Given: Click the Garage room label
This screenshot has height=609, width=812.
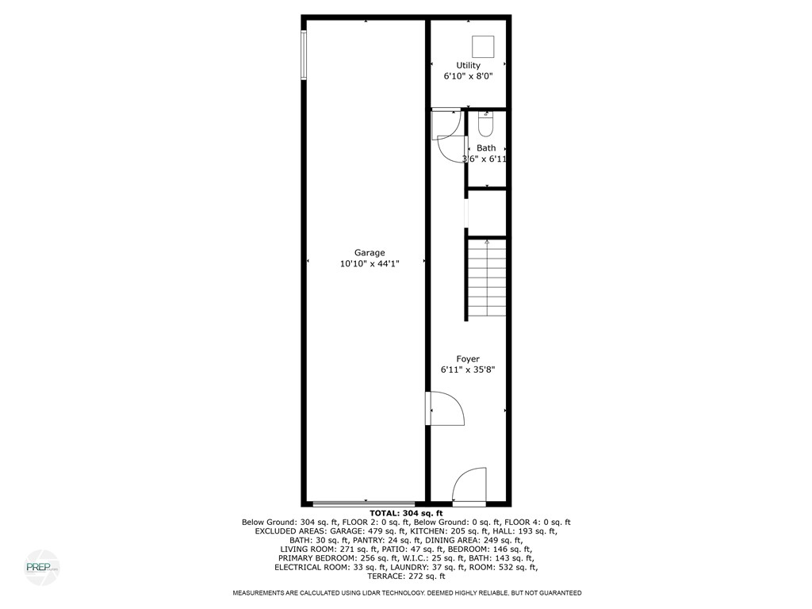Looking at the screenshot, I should pyautogui.click(x=370, y=253).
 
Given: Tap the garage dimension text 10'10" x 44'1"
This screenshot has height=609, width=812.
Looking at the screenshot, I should pyautogui.click(x=370, y=265).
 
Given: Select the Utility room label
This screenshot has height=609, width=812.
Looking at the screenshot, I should pyautogui.click(x=468, y=66).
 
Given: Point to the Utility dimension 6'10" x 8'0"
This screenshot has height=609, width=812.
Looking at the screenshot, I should pyautogui.click(x=468, y=78).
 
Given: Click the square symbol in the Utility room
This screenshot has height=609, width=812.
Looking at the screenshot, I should pyautogui.click(x=482, y=45).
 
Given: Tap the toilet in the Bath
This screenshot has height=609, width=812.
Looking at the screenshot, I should pyautogui.click(x=485, y=124).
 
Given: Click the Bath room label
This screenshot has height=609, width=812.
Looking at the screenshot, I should pyautogui.click(x=486, y=148).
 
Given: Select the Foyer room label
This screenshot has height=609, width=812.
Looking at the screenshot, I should pyautogui.click(x=468, y=359).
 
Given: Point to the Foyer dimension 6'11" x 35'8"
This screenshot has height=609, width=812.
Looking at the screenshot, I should pyautogui.click(x=468, y=370).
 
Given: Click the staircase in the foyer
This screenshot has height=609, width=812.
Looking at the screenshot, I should pyautogui.click(x=486, y=279).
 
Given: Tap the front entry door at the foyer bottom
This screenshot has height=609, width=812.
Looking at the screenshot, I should pyautogui.click(x=469, y=486).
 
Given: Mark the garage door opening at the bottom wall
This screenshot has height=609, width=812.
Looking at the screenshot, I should pyautogui.click(x=364, y=503).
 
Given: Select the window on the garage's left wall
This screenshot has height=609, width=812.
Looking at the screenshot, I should pyautogui.click(x=303, y=55).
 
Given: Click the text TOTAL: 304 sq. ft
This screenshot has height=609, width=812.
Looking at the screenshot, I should pyautogui.click(x=406, y=514).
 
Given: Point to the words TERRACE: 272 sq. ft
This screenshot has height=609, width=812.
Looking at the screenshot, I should pyautogui.click(x=406, y=576).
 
